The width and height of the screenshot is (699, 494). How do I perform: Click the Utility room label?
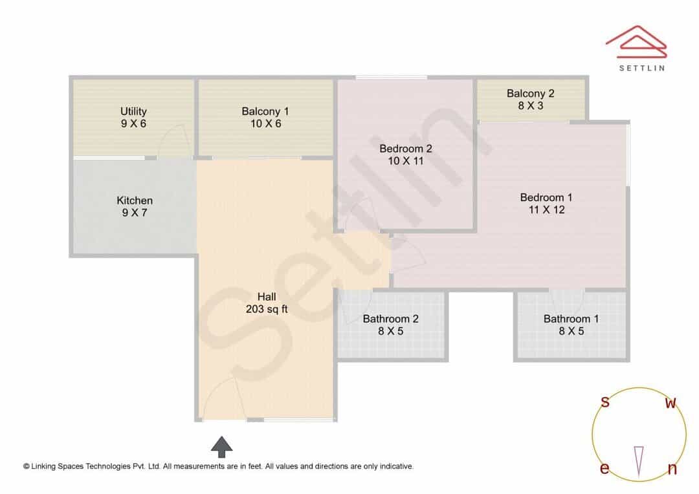[x=133, y=111]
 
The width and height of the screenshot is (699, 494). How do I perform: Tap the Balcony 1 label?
[x=265, y=111]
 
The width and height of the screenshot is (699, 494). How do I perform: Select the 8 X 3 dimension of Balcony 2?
[x=531, y=105]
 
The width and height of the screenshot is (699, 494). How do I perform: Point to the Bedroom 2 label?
[x=406, y=148]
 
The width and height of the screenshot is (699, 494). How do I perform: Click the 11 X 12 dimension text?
[x=546, y=209]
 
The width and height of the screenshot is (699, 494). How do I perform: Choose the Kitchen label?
[x=135, y=200]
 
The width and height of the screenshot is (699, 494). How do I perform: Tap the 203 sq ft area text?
[x=267, y=308]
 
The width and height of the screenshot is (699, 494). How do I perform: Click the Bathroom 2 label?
[x=390, y=319]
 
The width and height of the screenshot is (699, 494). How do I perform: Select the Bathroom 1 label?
[x=571, y=319]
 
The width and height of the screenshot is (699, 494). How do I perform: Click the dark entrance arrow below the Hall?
[x=221, y=446]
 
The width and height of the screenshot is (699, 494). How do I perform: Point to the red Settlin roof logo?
[x=636, y=41]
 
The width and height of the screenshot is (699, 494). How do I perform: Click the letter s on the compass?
[x=605, y=402]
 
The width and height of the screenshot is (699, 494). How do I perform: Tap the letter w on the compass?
[x=671, y=403]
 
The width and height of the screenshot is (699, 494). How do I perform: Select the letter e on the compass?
[x=605, y=468]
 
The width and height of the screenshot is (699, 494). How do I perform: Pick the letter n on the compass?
[x=672, y=469]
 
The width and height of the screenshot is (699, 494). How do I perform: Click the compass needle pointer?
[x=639, y=462]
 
